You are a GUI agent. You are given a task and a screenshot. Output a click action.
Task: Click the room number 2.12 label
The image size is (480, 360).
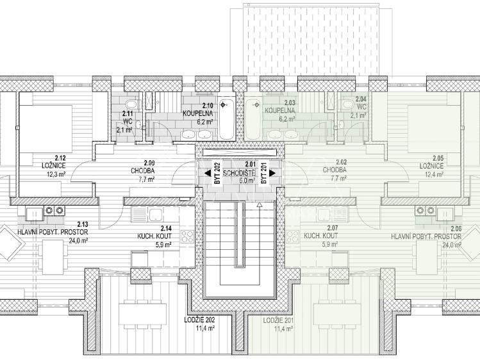point(61,158)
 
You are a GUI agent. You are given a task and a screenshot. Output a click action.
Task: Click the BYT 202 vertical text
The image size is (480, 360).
point(218,174)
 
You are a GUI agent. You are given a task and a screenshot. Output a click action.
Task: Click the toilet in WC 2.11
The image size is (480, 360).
point(130,105)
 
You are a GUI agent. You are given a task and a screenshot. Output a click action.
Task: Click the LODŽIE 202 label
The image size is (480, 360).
point(197,320)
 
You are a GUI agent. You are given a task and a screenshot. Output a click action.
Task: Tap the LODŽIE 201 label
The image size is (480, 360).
point(278,320)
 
